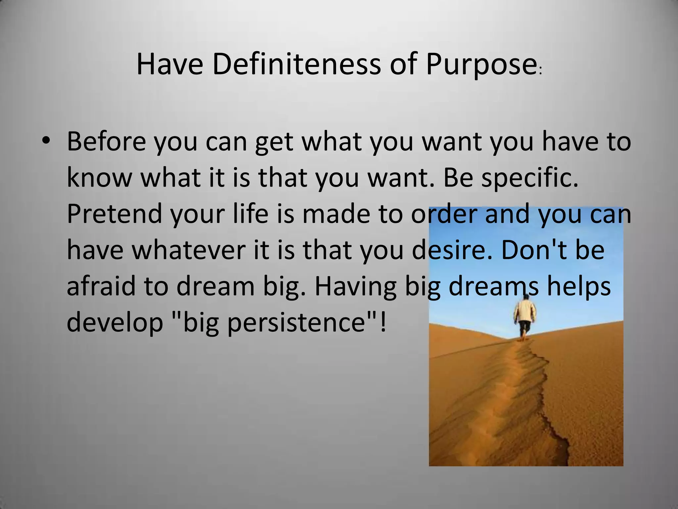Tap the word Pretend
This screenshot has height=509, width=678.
click(114, 214)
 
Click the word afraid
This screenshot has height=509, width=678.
click(101, 286)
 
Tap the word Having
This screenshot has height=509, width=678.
click(355, 286)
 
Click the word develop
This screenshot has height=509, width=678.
click(115, 323)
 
